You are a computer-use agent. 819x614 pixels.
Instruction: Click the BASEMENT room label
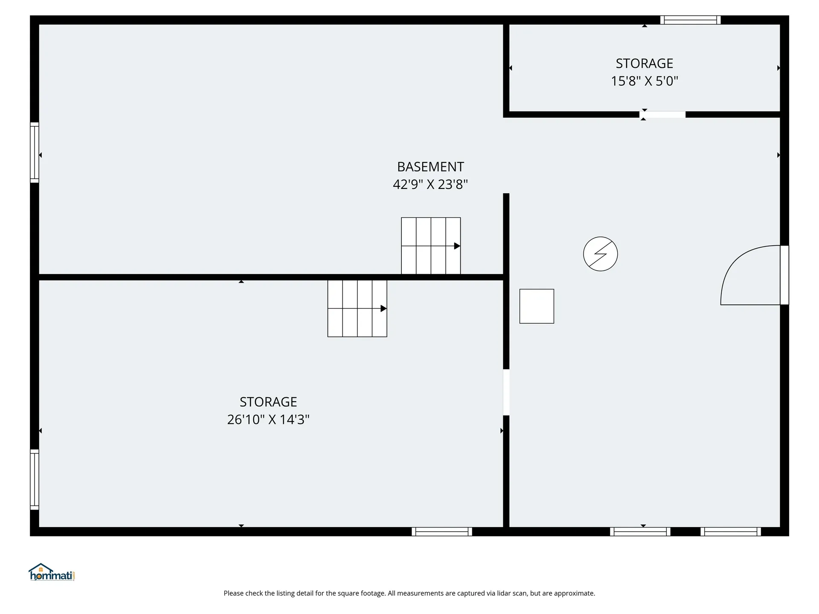[x=430, y=167]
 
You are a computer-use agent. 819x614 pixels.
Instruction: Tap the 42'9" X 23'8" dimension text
[x=430, y=184]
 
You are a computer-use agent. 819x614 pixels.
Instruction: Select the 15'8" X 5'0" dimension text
[x=645, y=81]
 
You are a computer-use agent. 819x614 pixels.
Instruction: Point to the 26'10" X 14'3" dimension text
[x=268, y=420]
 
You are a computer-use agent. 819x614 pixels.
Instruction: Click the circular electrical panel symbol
[x=601, y=254]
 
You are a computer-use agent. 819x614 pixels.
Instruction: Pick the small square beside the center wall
[x=537, y=306]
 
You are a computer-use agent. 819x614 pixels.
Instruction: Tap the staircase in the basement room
[x=431, y=246]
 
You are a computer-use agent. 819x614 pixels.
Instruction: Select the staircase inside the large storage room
[x=357, y=308]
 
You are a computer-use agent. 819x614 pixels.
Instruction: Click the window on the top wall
[x=691, y=20]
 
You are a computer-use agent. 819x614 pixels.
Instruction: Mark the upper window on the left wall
[x=35, y=153]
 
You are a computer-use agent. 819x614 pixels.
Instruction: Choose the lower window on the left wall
[x=35, y=479]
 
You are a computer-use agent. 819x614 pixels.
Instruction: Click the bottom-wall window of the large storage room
[x=442, y=532]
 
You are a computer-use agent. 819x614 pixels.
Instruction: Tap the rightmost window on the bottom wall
[x=731, y=532]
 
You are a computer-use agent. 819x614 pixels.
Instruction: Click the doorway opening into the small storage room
[x=662, y=114]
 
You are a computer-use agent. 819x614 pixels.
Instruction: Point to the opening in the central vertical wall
[x=506, y=392]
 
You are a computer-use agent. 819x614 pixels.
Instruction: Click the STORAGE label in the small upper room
[x=645, y=64]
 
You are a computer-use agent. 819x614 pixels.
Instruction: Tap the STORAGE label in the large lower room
[x=268, y=402]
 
